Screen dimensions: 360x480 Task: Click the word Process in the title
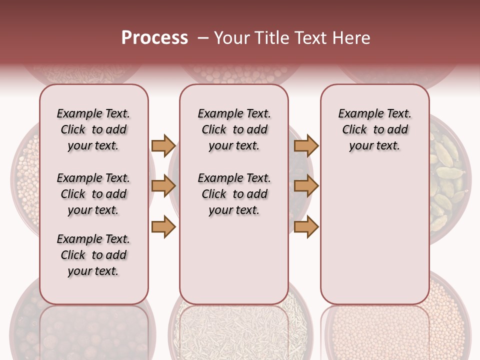154,38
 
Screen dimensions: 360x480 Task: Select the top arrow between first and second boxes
163,146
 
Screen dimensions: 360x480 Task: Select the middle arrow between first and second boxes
163,186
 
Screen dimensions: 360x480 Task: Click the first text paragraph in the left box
93,129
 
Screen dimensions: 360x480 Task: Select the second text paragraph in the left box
93,194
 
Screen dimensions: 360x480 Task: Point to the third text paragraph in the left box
93,255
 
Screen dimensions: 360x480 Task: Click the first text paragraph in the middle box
234,129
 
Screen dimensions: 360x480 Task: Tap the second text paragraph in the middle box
234,194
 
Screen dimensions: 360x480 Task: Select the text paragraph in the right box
374,129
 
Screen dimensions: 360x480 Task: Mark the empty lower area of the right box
374,235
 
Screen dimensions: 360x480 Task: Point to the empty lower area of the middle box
234,260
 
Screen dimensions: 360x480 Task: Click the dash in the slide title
203,38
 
